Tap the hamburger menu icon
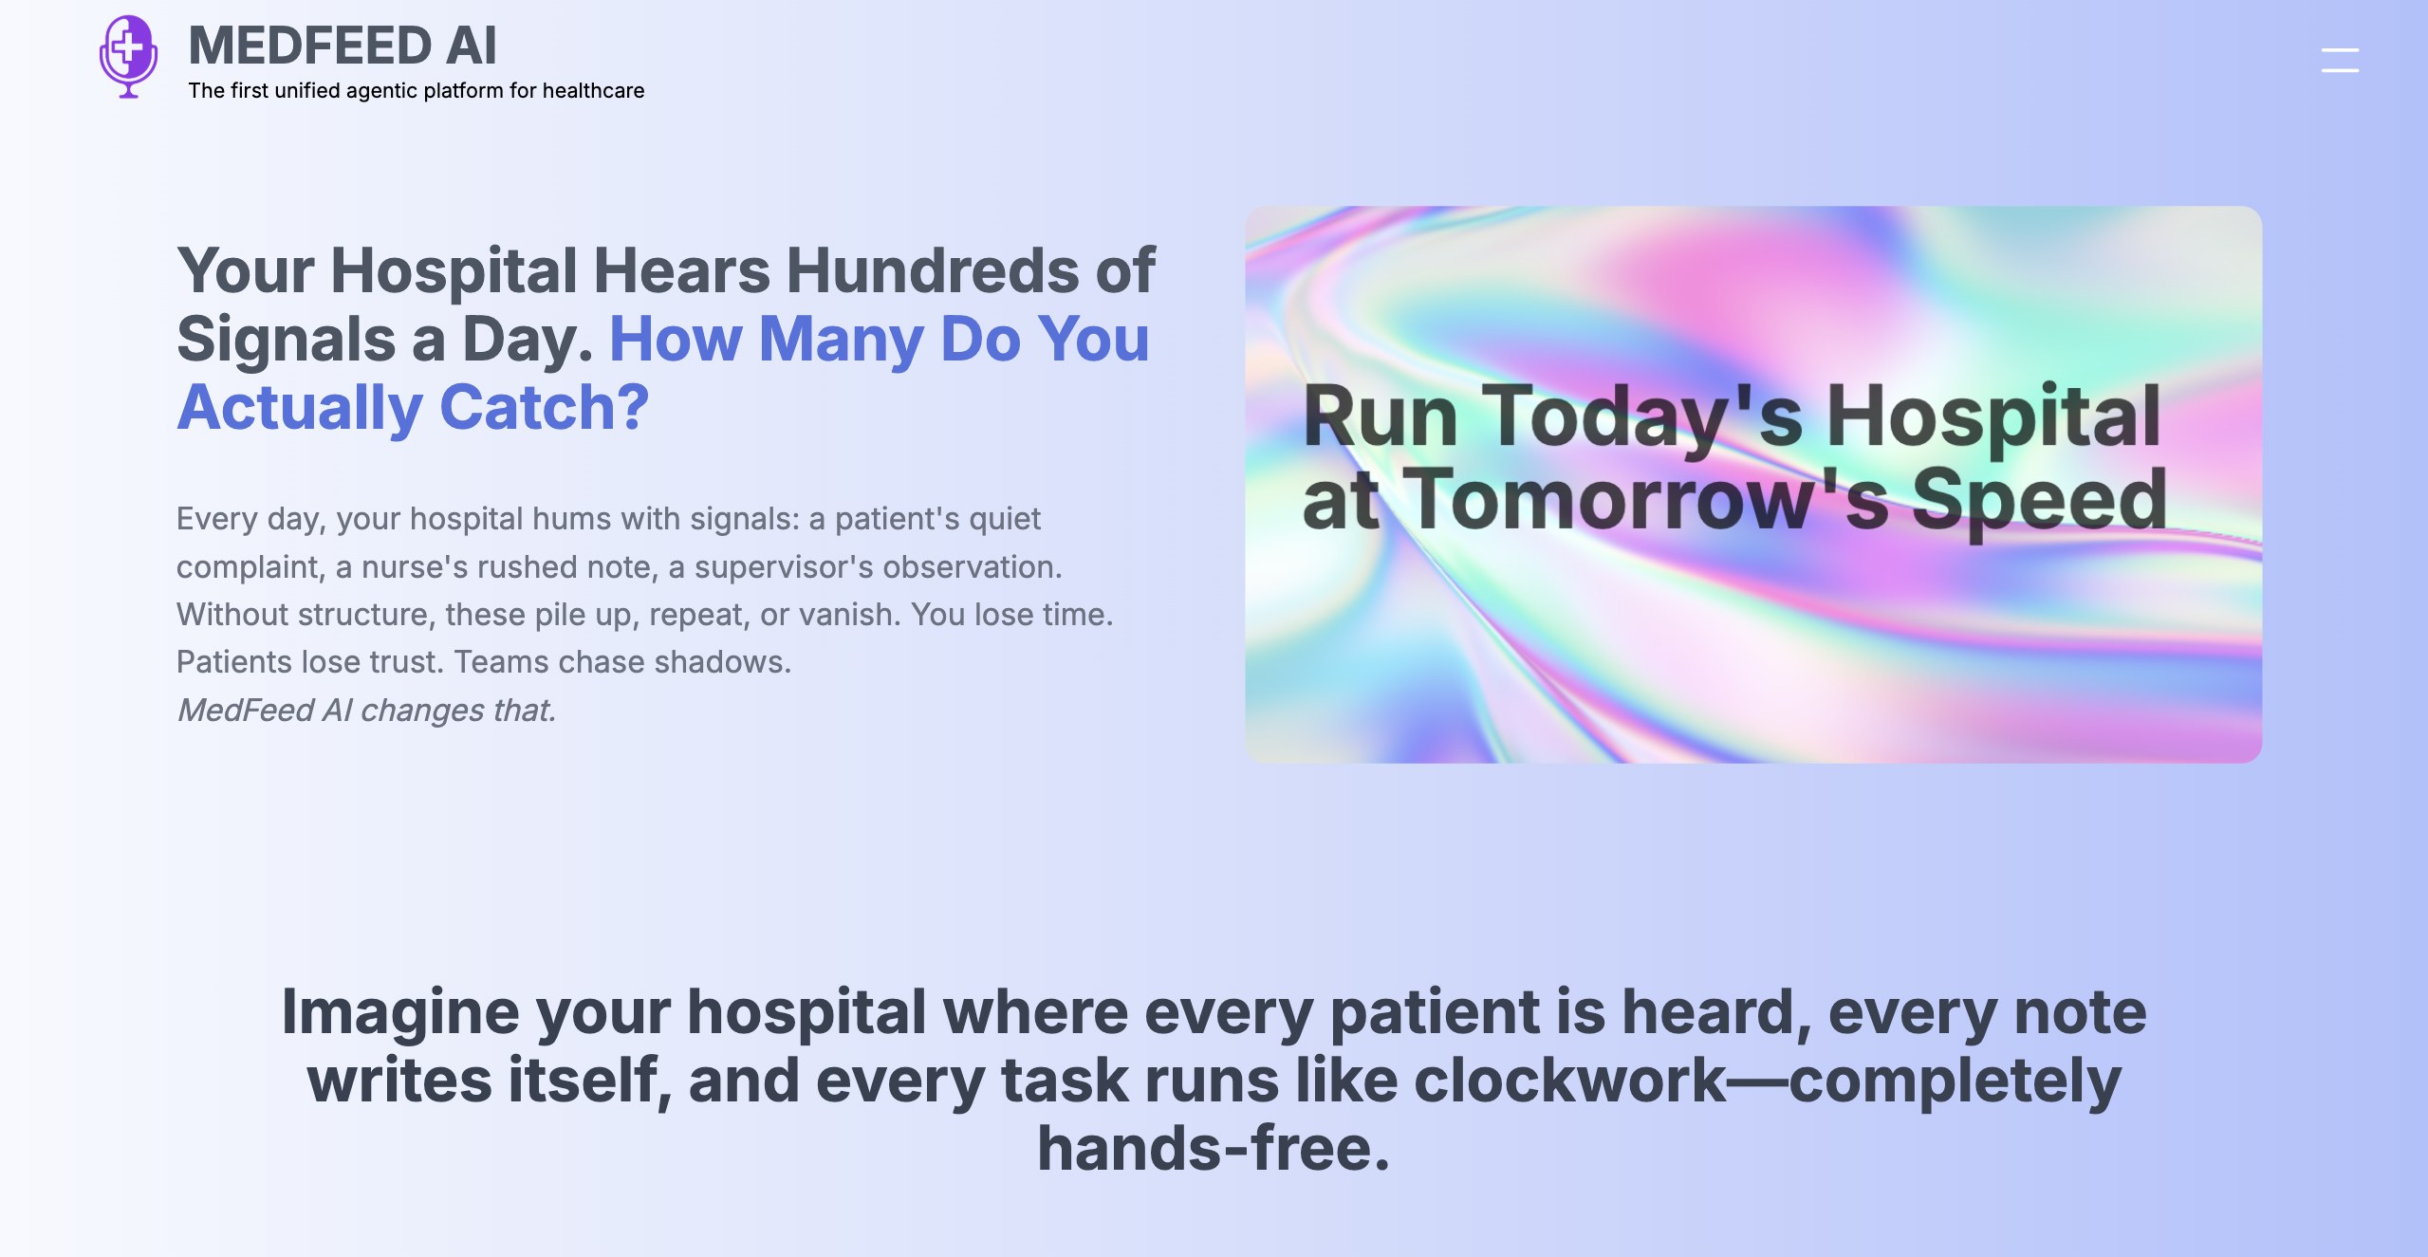(x=2340, y=60)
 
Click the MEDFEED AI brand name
(x=343, y=46)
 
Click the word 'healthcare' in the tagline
(x=593, y=90)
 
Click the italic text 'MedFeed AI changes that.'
(x=367, y=710)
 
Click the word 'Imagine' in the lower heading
(x=400, y=1013)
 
